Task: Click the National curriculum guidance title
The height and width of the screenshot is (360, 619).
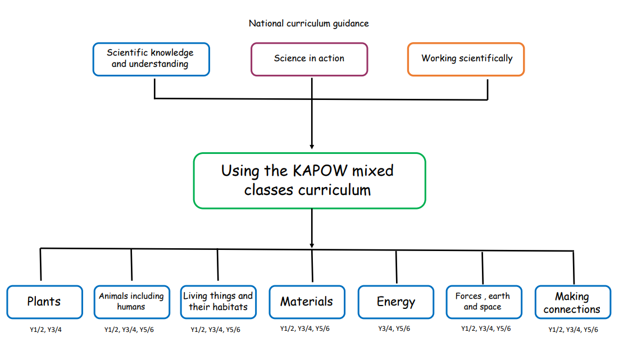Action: (x=308, y=24)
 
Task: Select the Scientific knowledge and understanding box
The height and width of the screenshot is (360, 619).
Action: (x=151, y=59)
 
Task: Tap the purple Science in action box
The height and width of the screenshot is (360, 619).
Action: (x=309, y=59)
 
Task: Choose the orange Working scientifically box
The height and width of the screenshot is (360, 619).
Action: (x=466, y=59)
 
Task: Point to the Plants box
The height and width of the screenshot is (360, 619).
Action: (x=44, y=302)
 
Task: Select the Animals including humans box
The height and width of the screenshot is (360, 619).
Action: (x=131, y=302)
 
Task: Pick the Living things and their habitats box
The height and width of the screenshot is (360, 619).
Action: (x=218, y=302)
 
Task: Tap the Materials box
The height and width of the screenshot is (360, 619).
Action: (x=307, y=302)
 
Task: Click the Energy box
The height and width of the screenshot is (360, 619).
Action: (x=395, y=302)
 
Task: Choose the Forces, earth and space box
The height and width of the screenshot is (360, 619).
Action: (x=483, y=302)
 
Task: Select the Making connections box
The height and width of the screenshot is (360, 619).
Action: (x=572, y=303)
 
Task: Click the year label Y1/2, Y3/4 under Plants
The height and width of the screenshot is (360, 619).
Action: (x=45, y=330)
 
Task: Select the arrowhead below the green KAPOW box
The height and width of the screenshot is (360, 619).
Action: (x=312, y=244)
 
